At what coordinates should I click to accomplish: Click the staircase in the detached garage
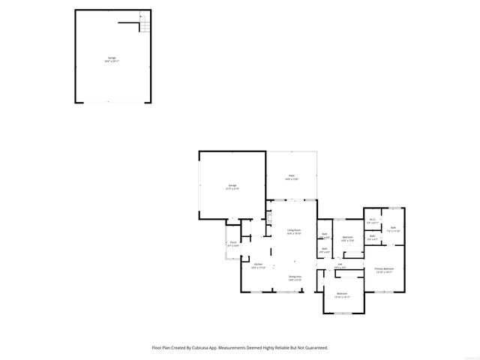click(x=144, y=27)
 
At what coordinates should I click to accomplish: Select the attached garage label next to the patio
click(x=232, y=187)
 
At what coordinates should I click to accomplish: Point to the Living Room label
click(x=293, y=232)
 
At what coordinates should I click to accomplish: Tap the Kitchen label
click(x=258, y=265)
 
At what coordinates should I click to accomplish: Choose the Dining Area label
click(x=295, y=277)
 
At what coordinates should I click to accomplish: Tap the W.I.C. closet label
click(x=372, y=221)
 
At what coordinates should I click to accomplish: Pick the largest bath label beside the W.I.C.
click(x=393, y=229)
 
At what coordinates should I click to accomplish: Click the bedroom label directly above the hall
click(x=347, y=239)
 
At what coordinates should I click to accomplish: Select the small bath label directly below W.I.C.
click(x=372, y=238)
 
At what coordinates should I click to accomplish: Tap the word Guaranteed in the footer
click(x=313, y=348)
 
